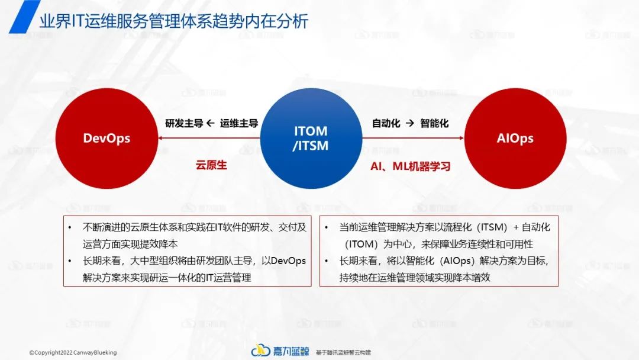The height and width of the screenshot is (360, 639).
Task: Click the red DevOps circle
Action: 106,139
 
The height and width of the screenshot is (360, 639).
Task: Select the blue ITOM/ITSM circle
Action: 311,139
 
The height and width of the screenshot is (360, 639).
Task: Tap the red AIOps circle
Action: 515,139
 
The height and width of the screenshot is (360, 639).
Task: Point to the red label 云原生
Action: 211,166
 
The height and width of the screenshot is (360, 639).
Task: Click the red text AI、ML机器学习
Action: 410,166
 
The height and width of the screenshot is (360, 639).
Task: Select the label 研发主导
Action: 184,124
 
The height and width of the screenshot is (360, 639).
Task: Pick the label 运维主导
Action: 239,124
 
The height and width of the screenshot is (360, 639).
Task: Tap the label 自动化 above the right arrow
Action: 386,124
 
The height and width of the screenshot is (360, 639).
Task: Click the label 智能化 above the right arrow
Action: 434,124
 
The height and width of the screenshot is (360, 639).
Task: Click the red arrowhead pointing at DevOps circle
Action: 161,139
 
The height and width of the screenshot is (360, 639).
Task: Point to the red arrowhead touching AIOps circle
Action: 461,139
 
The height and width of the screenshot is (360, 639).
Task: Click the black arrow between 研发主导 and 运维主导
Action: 211,124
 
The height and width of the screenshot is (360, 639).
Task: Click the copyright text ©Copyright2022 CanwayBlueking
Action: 73,352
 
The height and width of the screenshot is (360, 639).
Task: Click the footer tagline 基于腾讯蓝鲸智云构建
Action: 343,352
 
